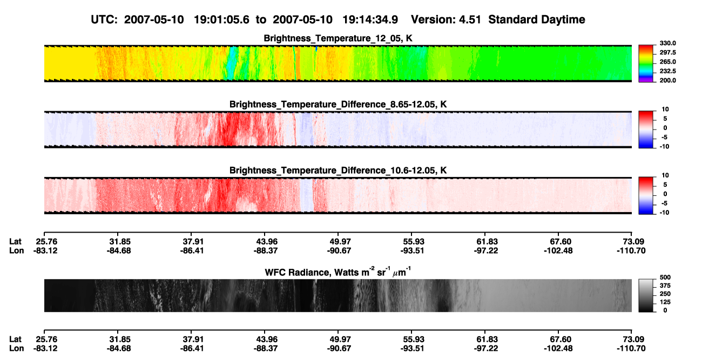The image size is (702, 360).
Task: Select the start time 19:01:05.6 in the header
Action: (x=221, y=20)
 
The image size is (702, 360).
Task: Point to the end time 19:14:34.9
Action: (x=370, y=20)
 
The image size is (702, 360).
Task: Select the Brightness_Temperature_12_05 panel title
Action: (x=337, y=38)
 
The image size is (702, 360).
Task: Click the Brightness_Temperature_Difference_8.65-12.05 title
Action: (x=338, y=104)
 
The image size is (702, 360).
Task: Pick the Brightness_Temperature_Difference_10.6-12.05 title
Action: (x=338, y=171)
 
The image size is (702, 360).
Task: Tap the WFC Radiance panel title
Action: (x=338, y=272)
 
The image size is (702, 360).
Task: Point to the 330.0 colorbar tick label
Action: (x=667, y=43)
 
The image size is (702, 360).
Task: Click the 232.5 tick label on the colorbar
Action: (x=667, y=71)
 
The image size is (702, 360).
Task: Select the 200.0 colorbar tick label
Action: (x=667, y=80)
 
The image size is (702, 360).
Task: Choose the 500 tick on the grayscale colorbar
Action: (x=665, y=277)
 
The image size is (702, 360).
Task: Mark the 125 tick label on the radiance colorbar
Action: (x=665, y=302)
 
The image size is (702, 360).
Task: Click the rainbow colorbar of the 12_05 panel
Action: (x=646, y=64)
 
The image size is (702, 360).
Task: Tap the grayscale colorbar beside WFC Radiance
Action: (x=646, y=295)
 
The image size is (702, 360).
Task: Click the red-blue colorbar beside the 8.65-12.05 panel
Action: (x=646, y=130)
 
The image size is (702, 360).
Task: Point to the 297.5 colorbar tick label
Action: (x=667, y=53)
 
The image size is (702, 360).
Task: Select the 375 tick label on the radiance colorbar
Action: (x=665, y=286)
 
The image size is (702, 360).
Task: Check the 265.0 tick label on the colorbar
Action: (x=667, y=62)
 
